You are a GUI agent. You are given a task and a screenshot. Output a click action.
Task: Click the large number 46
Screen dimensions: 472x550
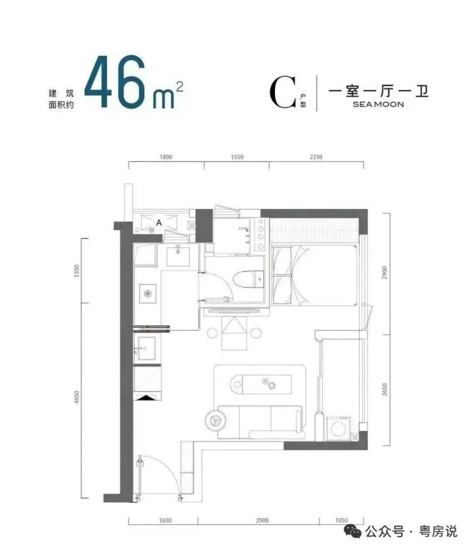115,82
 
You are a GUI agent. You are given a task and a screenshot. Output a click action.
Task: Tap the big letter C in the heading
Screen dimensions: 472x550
283,92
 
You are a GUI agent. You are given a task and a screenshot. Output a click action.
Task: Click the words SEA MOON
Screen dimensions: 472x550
378,104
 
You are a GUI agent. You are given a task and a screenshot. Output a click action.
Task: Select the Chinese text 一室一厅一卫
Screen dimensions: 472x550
378,91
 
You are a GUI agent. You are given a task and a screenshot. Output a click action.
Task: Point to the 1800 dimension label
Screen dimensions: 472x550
166,157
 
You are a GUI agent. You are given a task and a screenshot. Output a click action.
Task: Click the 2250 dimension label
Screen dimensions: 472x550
316,157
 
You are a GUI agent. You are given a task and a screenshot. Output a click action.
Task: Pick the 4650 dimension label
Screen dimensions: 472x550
77,397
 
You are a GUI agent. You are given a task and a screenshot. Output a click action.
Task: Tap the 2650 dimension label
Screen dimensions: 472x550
384,389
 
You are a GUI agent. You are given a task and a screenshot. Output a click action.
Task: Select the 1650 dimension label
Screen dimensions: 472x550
165,520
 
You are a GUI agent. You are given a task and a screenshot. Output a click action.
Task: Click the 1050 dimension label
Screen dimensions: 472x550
341,520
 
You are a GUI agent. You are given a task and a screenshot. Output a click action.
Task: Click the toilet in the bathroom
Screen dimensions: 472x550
249,280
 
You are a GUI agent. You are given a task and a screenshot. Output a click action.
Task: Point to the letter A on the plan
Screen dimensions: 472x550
159,222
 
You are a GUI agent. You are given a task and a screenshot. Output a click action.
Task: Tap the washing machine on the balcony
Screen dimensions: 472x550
339,428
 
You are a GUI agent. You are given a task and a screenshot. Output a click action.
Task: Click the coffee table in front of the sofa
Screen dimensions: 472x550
261,384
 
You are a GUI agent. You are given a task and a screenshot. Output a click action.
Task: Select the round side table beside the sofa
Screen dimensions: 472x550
216,419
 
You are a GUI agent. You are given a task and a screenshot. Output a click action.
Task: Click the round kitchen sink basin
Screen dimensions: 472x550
148,294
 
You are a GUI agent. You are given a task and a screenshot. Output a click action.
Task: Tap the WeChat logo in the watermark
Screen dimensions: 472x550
353,532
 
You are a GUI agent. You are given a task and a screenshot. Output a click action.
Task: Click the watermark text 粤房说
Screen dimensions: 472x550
438,532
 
